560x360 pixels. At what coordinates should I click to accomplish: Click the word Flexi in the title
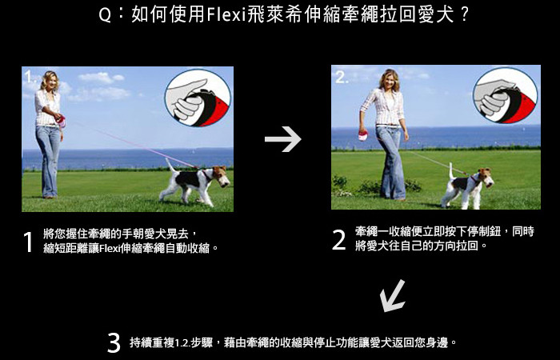point(226,15)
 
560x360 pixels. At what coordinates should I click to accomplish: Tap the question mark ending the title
point(464,15)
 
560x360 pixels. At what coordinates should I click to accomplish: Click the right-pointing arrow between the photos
point(283,139)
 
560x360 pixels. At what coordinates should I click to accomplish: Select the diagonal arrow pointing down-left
point(393,296)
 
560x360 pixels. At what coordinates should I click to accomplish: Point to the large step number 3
point(114,343)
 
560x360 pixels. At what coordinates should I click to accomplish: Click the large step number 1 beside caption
point(28,242)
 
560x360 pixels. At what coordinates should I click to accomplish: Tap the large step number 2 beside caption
point(339,240)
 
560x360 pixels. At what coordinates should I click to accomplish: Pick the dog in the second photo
point(466,186)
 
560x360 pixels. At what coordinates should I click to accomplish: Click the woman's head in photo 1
point(50,80)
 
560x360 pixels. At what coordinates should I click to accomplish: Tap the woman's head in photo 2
point(390,79)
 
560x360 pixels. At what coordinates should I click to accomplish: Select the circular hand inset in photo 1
point(198,98)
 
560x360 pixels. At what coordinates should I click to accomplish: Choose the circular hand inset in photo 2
point(506,95)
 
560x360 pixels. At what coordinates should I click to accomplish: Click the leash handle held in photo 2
point(363,136)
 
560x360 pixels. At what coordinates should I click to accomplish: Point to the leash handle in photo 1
point(61,121)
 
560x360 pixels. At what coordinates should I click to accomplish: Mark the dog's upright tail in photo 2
point(452,170)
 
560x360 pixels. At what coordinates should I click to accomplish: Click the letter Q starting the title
point(105,16)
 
